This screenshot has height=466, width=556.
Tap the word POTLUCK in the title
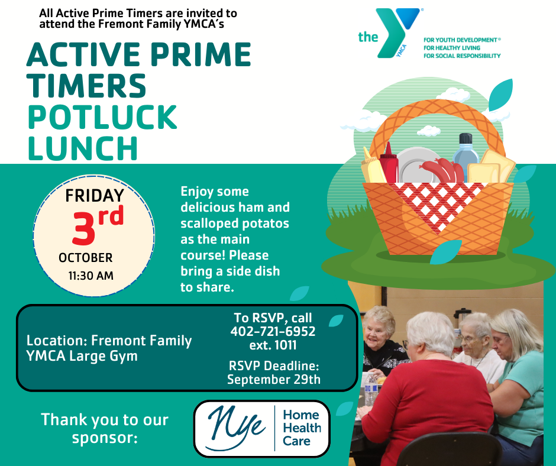[x=102, y=117]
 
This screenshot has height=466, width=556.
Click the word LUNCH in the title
[x=83, y=148]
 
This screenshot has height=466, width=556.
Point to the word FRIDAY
[x=95, y=196]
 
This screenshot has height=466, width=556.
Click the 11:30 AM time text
[x=90, y=276]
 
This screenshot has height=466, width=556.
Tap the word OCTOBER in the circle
[x=85, y=257]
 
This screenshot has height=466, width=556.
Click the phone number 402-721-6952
[x=273, y=331]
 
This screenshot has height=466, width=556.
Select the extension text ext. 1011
[x=273, y=345]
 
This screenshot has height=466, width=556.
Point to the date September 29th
[x=274, y=380]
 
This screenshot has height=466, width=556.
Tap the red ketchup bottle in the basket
[x=389, y=163]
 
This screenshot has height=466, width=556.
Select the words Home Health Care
[x=302, y=428]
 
